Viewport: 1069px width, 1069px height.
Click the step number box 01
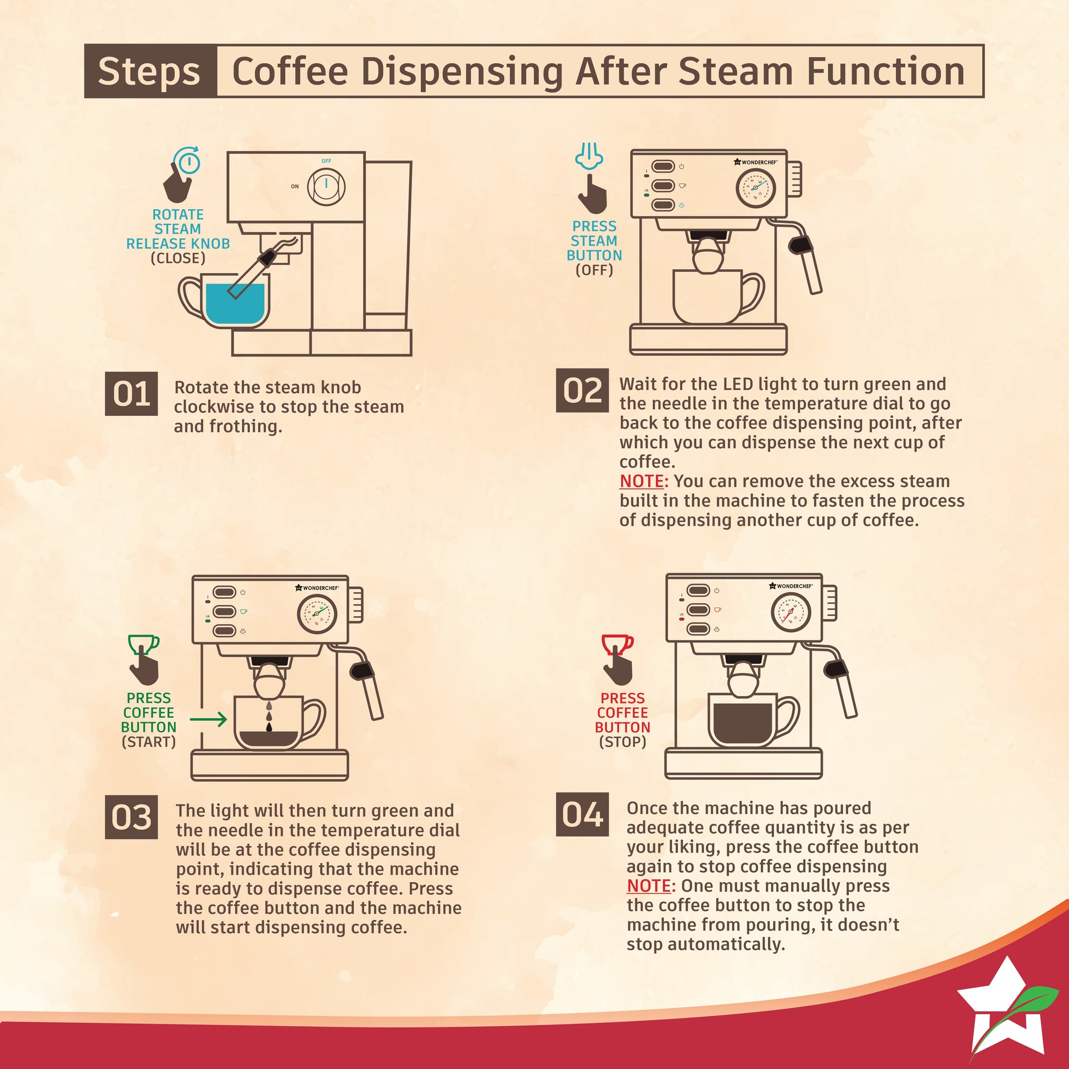pos(131,393)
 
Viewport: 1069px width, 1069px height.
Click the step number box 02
pos(582,390)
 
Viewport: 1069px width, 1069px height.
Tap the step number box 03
pos(131,817)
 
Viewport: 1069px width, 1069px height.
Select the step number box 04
pos(582,814)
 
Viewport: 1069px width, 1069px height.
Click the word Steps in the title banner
pos(149,71)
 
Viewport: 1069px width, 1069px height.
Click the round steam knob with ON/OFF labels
pos(326,185)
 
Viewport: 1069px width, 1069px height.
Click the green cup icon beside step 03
pos(143,644)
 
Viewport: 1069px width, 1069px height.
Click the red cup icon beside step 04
pos(617,644)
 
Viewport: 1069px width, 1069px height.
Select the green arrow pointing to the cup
pos(208,719)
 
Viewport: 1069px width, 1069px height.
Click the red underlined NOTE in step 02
pos(641,481)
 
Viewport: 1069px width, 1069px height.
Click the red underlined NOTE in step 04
pos(648,886)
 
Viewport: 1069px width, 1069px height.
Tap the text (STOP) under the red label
pos(622,742)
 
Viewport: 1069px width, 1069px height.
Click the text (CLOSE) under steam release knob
pos(178,258)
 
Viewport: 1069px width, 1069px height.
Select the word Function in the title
pos(886,71)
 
